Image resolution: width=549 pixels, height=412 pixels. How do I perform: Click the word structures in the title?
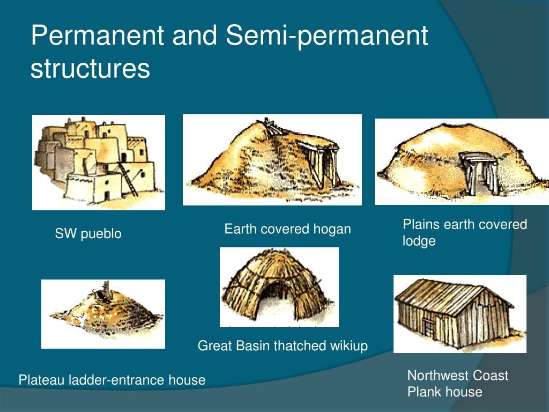[90, 69]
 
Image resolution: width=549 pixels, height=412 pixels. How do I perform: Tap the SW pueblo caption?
[88, 234]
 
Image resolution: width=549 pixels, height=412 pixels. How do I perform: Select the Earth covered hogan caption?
[287, 229]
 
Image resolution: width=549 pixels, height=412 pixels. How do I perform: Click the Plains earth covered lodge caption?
[464, 232]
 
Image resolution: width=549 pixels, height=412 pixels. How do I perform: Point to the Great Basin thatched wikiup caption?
[283, 346]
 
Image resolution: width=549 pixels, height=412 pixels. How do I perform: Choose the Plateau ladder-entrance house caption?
[112, 380]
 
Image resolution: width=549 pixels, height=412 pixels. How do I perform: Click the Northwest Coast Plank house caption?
[457, 384]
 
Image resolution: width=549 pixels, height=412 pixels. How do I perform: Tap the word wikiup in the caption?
[349, 346]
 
